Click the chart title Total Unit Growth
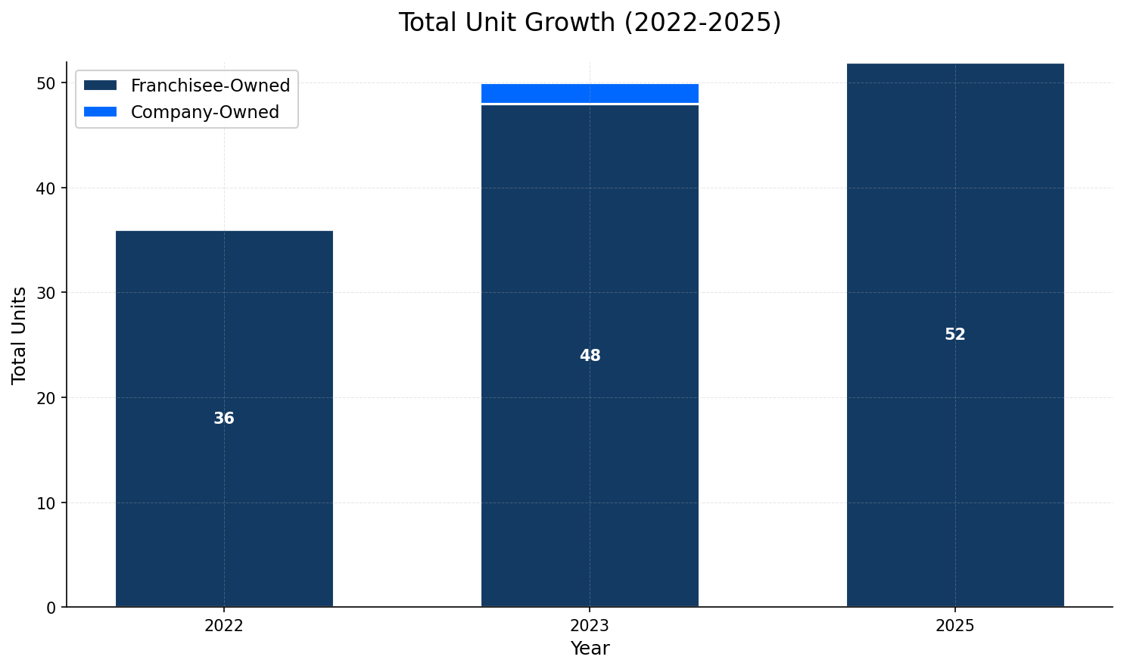click(590, 23)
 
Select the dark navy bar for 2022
click(224, 341)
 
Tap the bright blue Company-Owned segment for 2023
click(590, 93)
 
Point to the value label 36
click(224, 419)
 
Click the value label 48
click(590, 356)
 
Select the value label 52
click(955, 334)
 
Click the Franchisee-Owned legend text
click(210, 86)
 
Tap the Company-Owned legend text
click(205, 113)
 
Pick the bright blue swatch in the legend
click(101, 112)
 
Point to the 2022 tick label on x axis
click(224, 626)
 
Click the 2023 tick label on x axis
click(590, 626)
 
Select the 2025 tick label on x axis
click(955, 626)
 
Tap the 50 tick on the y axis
click(47, 83)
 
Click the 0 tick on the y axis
click(51, 608)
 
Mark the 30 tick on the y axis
click(47, 293)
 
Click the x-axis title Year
click(590, 649)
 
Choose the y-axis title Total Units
click(20, 334)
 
